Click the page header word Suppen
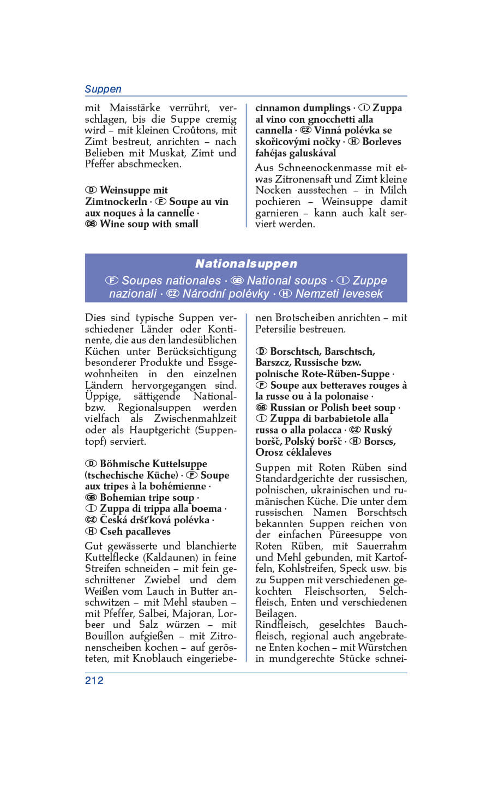103,89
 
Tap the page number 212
94,680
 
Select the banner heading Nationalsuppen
246,264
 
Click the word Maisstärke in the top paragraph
135,108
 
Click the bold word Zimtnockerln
116,202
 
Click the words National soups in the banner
286,281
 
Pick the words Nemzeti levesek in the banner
339,294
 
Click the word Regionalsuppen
154,408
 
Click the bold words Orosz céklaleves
293,452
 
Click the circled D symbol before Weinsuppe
91,190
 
